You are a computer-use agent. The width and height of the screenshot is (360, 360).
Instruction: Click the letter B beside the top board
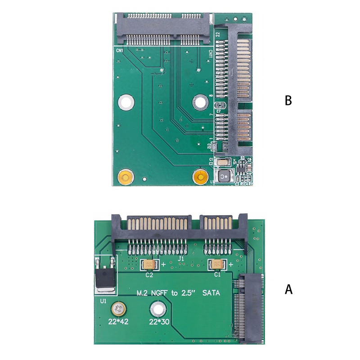click(288, 100)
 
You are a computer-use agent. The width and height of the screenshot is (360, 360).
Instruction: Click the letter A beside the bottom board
click(288, 289)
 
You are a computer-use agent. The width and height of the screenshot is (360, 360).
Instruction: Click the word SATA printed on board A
click(211, 293)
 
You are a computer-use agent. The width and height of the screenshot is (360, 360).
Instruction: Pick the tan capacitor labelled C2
click(149, 265)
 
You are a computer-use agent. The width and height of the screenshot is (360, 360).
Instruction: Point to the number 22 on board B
click(218, 34)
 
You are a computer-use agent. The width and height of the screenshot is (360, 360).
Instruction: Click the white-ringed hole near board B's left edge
click(126, 103)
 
